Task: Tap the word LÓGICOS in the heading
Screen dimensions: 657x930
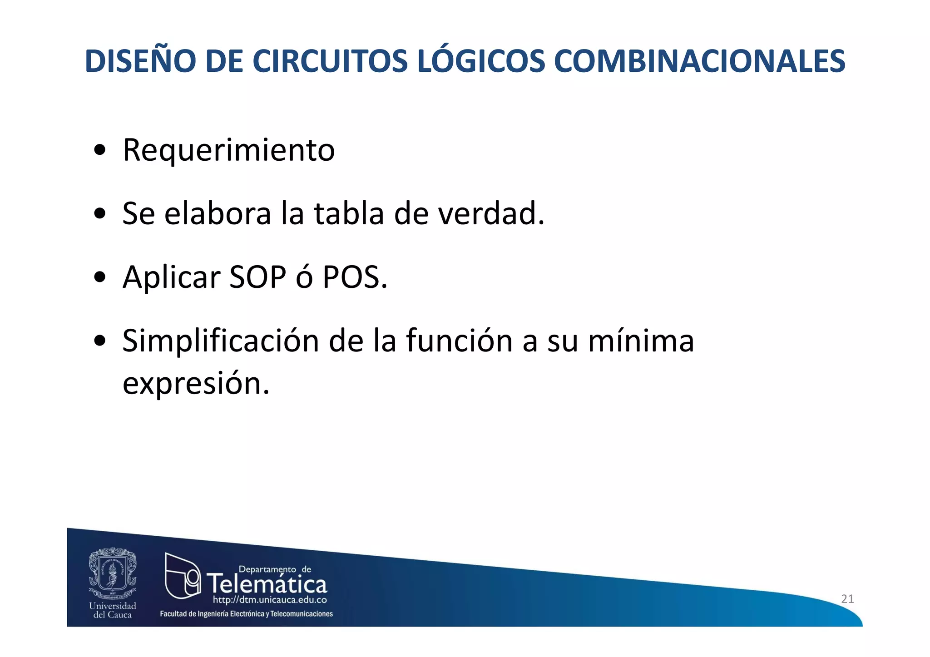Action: pos(480,61)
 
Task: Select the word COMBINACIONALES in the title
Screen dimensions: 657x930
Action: pos(699,61)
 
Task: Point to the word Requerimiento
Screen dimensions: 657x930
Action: pos(228,150)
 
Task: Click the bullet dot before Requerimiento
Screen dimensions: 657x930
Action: pos(99,150)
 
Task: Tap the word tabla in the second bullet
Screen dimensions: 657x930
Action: pos(349,213)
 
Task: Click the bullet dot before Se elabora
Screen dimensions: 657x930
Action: pos(99,214)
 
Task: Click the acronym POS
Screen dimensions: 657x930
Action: pos(355,277)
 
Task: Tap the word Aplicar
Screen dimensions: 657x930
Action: pos(171,278)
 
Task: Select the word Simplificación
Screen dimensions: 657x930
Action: pos(221,341)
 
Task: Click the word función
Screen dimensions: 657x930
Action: pos(459,341)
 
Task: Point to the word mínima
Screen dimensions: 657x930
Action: pos(641,341)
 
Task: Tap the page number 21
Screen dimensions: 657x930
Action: pos(847,599)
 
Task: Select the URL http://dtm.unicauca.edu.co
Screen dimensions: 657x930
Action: pos(270,600)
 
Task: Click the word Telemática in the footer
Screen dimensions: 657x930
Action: pos(267,584)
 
